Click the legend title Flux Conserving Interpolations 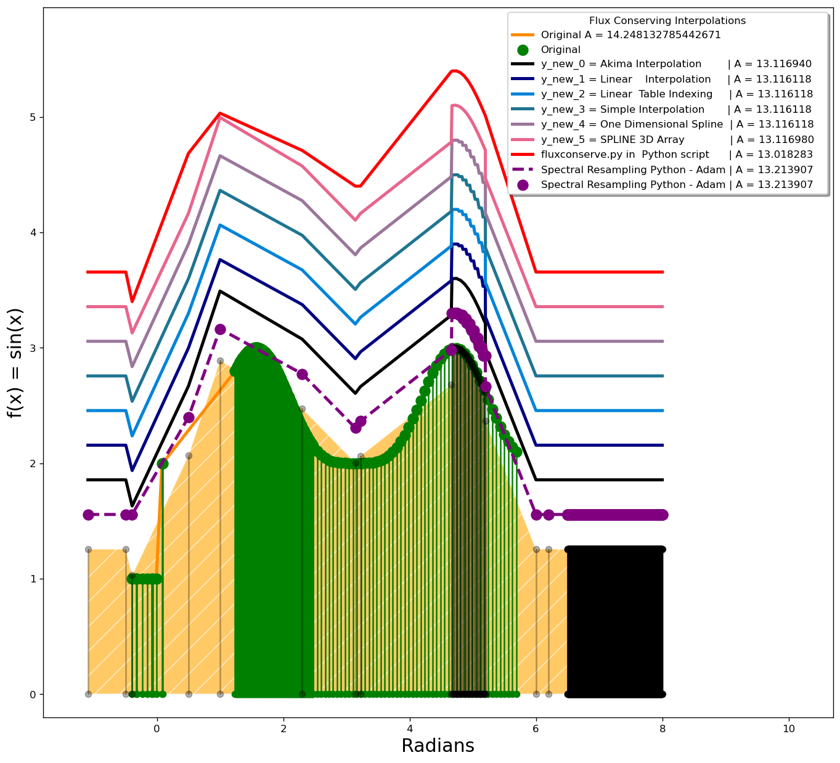tap(667, 21)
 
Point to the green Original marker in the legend tap(523, 50)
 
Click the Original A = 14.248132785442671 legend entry tap(630, 35)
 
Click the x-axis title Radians tap(438, 746)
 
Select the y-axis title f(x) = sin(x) tap(15, 362)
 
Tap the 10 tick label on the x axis tap(789, 728)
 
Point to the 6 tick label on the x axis tap(536, 728)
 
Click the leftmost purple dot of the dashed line tap(88, 515)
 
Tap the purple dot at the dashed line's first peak tap(220, 330)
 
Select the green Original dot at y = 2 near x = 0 tap(163, 463)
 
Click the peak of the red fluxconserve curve tap(454, 71)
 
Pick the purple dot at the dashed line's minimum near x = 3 tap(356, 427)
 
